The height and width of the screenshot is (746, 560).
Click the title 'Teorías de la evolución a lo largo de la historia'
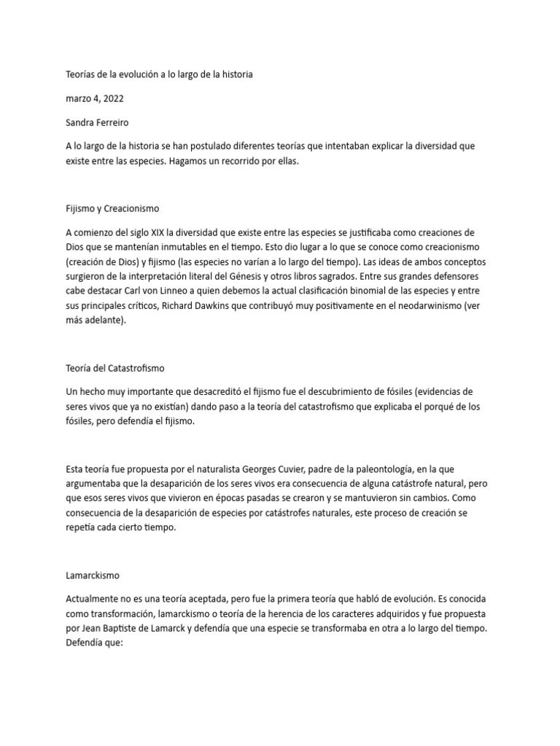(159, 74)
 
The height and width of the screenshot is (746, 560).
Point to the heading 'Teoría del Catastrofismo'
(120, 368)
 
